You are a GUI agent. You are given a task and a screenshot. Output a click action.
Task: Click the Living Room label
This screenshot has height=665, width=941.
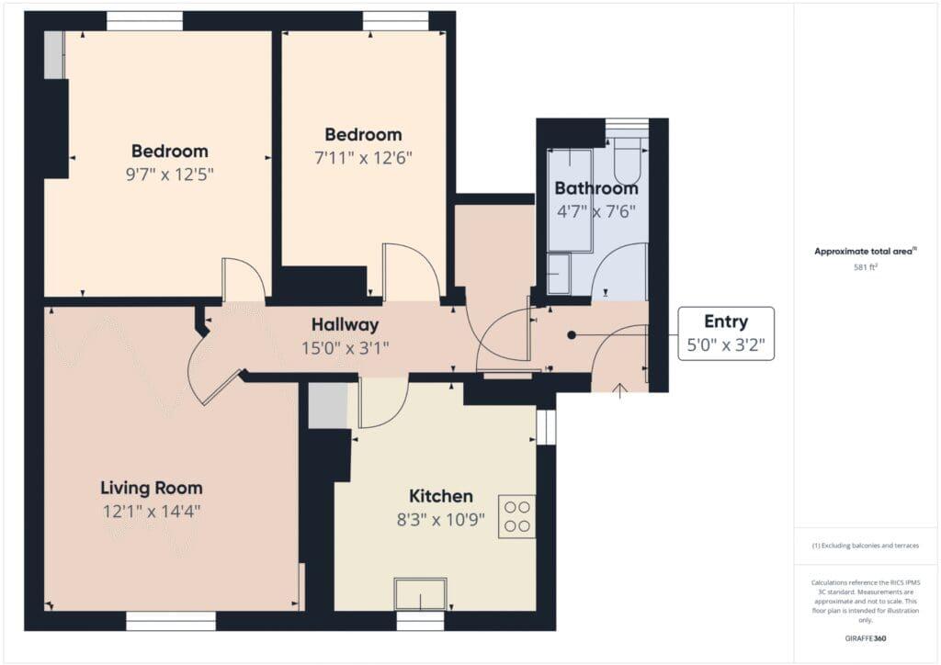(152, 488)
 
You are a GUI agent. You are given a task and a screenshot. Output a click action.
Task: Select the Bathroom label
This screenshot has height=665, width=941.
(595, 188)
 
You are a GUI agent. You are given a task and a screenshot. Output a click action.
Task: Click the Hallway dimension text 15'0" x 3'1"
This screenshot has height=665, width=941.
(345, 347)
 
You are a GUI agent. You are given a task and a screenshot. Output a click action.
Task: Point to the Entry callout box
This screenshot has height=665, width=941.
(726, 333)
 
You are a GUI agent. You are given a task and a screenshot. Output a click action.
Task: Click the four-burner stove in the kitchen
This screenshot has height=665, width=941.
(516, 516)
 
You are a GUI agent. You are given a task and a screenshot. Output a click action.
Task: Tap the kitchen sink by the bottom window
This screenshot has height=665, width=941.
(421, 594)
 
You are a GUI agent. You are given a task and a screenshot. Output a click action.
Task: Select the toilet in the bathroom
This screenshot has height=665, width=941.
(629, 160)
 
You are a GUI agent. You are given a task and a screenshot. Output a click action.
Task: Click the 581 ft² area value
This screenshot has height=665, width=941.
(867, 268)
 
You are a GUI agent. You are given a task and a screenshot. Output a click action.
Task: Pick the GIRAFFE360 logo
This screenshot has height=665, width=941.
(867, 638)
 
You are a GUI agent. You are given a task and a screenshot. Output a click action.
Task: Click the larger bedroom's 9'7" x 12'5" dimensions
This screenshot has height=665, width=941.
(169, 174)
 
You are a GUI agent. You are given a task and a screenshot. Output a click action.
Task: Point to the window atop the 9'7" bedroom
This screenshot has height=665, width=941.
(144, 20)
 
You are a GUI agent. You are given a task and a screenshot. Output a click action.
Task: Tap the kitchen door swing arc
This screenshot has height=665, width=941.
(381, 404)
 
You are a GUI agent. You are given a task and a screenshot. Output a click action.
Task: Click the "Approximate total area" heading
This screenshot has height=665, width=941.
(866, 251)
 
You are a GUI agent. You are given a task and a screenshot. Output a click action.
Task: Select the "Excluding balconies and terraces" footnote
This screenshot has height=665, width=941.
(866, 546)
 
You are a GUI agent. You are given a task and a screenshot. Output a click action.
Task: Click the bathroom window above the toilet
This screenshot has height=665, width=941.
(627, 125)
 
